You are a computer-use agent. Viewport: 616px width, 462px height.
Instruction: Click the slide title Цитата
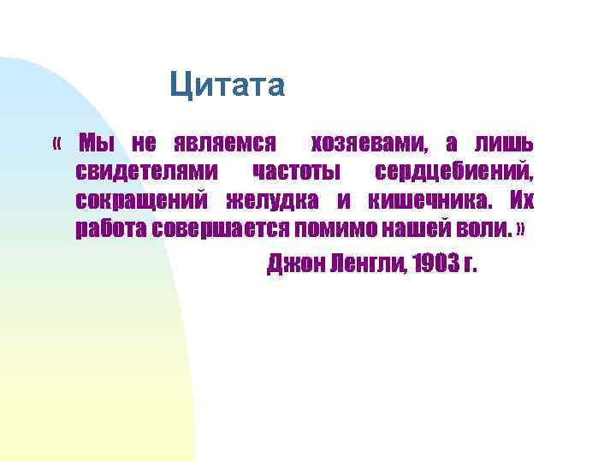227,86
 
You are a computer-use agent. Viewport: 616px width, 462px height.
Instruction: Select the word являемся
224,142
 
